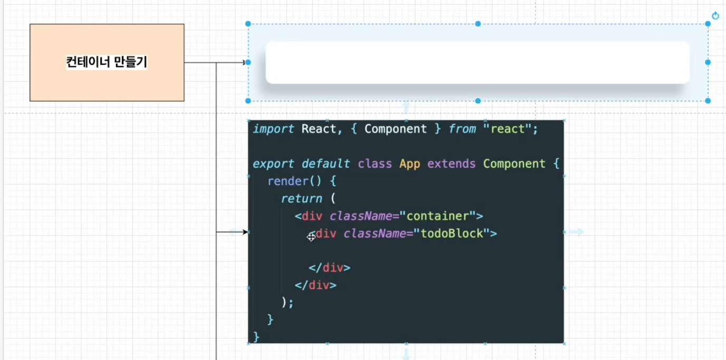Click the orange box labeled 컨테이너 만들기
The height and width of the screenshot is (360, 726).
(107, 62)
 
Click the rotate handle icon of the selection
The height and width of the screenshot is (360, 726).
(715, 16)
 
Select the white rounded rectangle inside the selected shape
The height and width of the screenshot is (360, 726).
(477, 62)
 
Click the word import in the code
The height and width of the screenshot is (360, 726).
(273, 129)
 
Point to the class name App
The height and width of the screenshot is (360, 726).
(410, 164)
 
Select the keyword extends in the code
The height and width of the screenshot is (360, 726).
(451, 164)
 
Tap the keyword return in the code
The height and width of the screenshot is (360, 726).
(302, 199)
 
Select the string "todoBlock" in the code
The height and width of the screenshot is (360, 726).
(452, 233)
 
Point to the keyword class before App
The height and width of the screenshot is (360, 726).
(375, 164)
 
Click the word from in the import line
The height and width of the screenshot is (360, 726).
(462, 129)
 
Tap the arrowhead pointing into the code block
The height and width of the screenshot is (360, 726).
(245, 232)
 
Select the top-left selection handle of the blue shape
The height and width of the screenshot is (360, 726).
(248, 24)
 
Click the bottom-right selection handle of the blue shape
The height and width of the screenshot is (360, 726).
(708, 101)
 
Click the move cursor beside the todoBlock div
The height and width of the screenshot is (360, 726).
(311, 237)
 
